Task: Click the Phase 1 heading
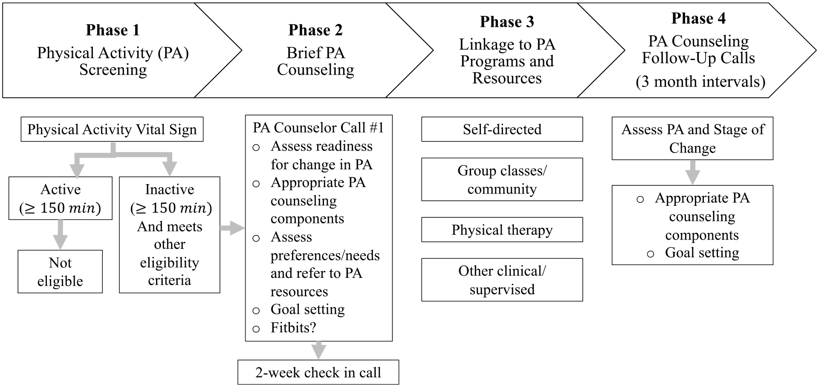click(x=113, y=30)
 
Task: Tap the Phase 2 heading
click(x=315, y=30)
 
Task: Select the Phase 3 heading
click(x=507, y=22)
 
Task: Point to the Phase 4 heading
click(x=698, y=18)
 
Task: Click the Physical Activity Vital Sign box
click(x=112, y=129)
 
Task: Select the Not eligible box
click(x=60, y=271)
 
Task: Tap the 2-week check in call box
click(x=318, y=372)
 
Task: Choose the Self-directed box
click(x=502, y=129)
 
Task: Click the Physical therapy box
click(x=502, y=230)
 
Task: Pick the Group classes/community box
click(x=502, y=179)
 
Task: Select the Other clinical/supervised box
click(x=502, y=280)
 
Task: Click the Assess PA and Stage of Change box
click(x=692, y=139)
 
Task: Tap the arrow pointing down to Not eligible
click(x=60, y=234)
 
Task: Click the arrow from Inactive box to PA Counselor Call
click(x=232, y=228)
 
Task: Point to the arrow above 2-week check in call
click(x=318, y=350)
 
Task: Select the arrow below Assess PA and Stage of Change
click(x=692, y=172)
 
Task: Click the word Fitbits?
click(x=293, y=328)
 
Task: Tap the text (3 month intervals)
click(x=700, y=81)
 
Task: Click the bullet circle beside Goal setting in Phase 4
click(x=651, y=254)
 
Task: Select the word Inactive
click(x=170, y=189)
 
